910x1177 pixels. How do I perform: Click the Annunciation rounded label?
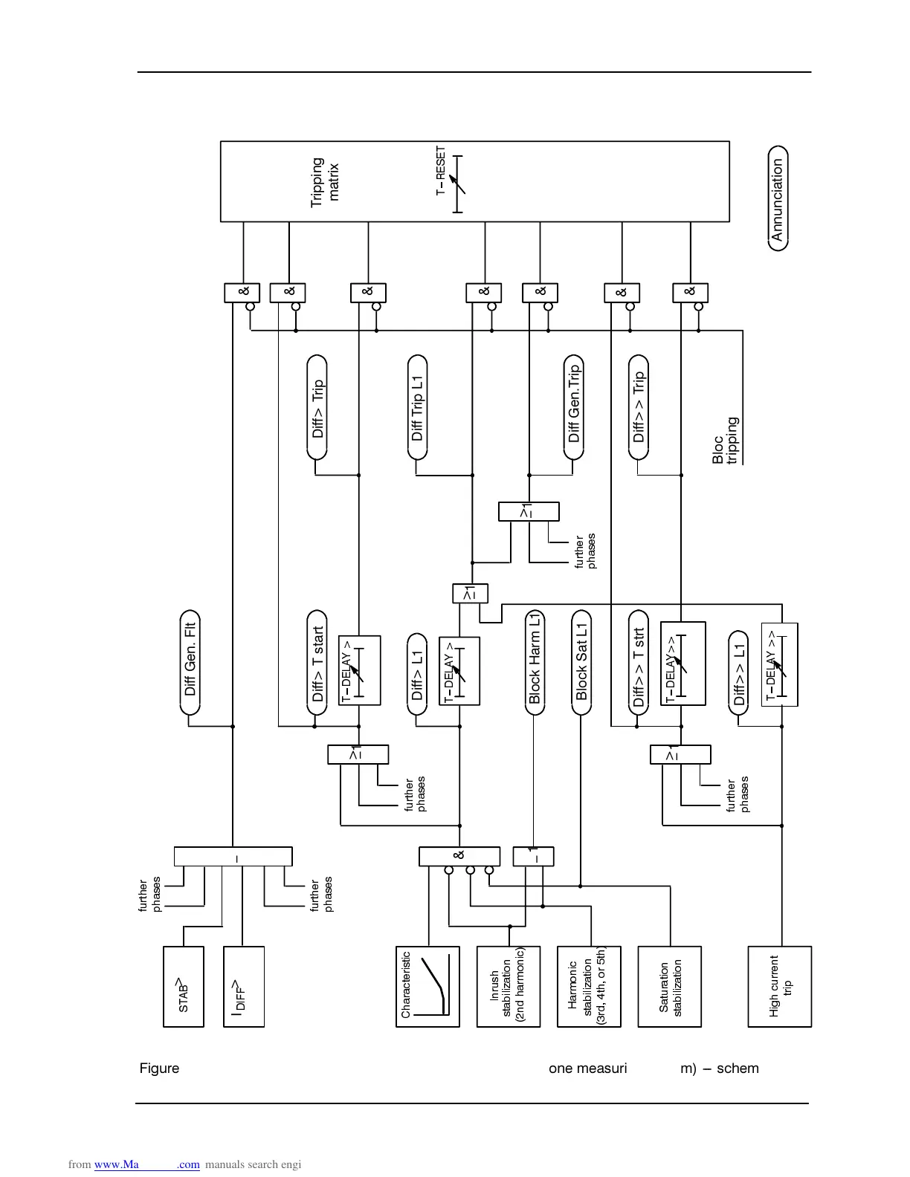coord(778,198)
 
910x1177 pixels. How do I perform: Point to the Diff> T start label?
coord(317,663)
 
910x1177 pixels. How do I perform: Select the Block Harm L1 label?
coord(535,662)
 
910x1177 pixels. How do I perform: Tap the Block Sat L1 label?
coord(581,662)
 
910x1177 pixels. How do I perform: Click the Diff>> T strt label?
coord(639,663)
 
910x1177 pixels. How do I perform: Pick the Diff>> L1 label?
coord(738,673)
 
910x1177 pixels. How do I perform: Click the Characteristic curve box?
coord(427,986)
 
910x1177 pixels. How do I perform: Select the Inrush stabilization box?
coord(508,986)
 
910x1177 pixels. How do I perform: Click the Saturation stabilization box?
coord(669,986)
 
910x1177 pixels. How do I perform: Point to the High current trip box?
coord(779,986)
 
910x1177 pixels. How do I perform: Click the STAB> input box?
coord(183,986)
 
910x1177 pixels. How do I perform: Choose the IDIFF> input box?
coord(244,986)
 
